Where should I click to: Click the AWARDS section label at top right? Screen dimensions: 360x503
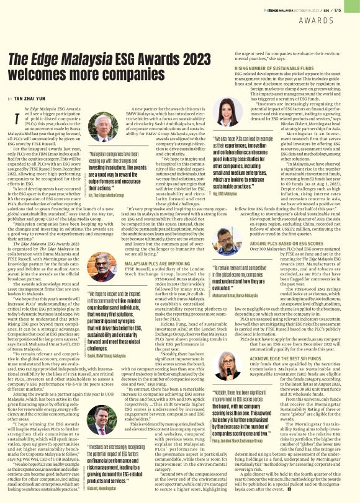click(x=333, y=20)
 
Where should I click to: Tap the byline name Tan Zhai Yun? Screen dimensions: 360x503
click(x=28, y=99)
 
